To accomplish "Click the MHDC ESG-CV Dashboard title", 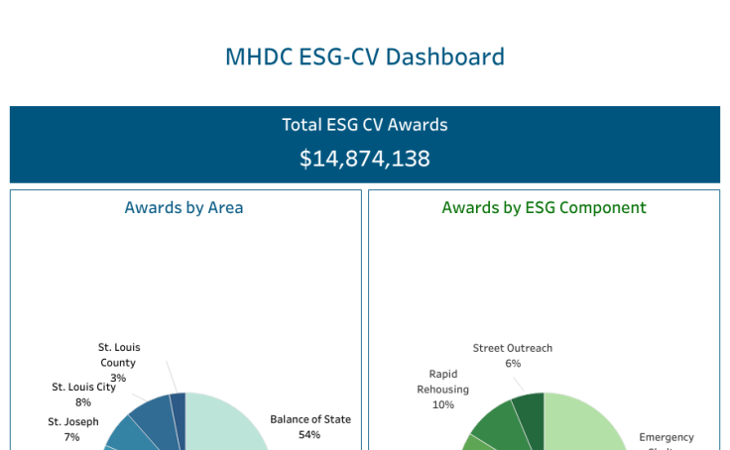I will (x=365, y=56).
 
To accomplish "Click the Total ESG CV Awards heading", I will (x=365, y=125).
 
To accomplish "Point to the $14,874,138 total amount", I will (x=365, y=159).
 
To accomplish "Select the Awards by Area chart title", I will (x=183, y=207).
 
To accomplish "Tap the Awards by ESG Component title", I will (x=544, y=207).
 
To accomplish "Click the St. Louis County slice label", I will (x=119, y=355).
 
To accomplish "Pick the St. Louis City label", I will (x=84, y=387).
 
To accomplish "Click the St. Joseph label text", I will (x=73, y=421).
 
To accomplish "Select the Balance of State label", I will (x=310, y=419).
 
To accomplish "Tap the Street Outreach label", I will (x=513, y=348).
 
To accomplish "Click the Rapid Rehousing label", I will (x=443, y=382).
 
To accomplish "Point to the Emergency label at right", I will (x=667, y=437).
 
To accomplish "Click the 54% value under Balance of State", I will (x=310, y=435).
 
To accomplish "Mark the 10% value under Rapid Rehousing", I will (x=443, y=404).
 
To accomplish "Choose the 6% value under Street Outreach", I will (x=513, y=364).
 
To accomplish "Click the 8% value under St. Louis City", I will (x=83, y=402).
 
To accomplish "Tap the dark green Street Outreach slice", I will (x=530, y=412).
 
